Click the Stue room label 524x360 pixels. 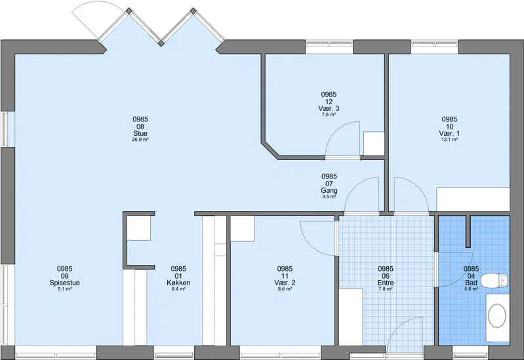click(140, 133)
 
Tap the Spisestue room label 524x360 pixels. click(64, 283)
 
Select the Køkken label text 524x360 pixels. click(178, 283)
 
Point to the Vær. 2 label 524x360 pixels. click(285, 283)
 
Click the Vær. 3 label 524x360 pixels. click(329, 109)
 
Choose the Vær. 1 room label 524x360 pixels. click(449, 133)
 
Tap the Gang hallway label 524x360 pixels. click(329, 191)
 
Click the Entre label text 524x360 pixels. click(386, 283)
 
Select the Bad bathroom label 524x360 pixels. click(471, 283)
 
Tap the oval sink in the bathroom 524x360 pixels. click(497, 315)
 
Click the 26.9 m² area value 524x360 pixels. click(140, 140)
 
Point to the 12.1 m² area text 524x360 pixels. click(449, 140)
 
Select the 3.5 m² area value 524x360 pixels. click(329, 197)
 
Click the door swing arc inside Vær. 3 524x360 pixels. click(335, 130)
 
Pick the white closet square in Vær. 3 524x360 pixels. click(374, 144)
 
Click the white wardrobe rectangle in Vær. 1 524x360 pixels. click(474, 199)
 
